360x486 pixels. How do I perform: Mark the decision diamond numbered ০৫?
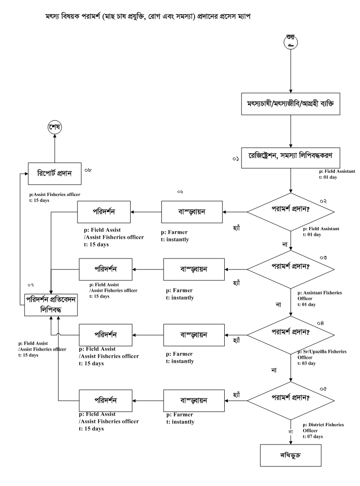[x=291, y=400]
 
